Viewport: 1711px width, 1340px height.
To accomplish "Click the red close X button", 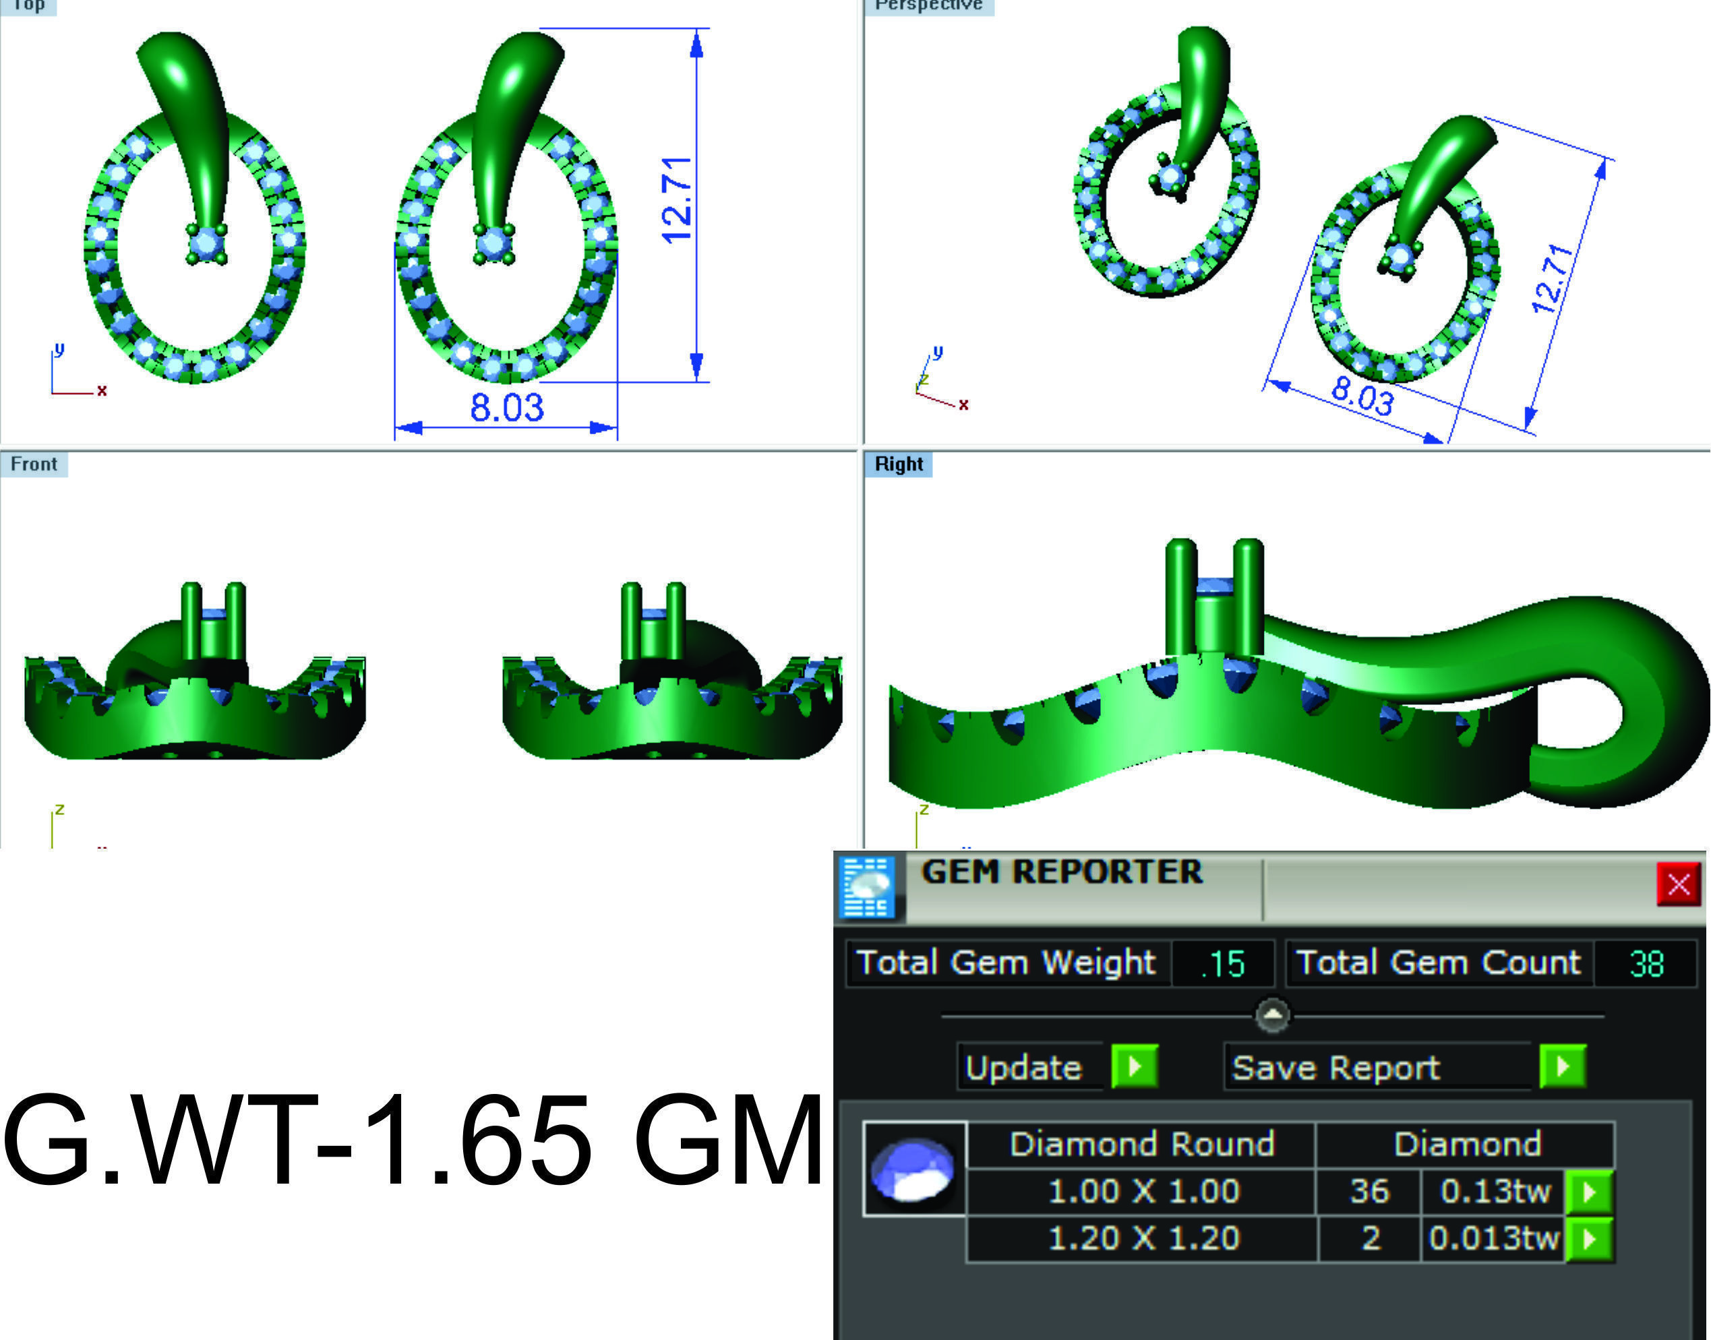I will coord(1678,884).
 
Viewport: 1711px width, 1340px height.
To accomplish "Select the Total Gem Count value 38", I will coord(1646,963).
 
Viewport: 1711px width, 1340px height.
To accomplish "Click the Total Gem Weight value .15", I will coord(1222,963).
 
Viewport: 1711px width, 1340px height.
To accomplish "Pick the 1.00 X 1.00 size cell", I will coord(1142,1192).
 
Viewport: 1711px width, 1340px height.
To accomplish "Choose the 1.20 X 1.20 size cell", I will coord(1142,1239).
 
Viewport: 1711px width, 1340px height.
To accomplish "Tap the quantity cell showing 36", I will coord(1369,1192).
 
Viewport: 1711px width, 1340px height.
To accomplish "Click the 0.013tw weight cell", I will coord(1493,1239).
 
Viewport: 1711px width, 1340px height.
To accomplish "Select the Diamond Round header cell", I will coord(1141,1145).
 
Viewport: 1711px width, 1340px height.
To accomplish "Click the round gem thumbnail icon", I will coord(913,1169).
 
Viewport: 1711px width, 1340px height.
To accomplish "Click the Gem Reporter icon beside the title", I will coord(867,886).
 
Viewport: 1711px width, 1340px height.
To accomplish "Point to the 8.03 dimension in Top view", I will coord(507,408).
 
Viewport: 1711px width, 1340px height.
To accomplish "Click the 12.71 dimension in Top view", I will coord(676,201).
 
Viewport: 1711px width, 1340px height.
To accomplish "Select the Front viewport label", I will coord(34,464).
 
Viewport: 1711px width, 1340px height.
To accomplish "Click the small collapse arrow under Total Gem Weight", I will coord(1271,1015).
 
